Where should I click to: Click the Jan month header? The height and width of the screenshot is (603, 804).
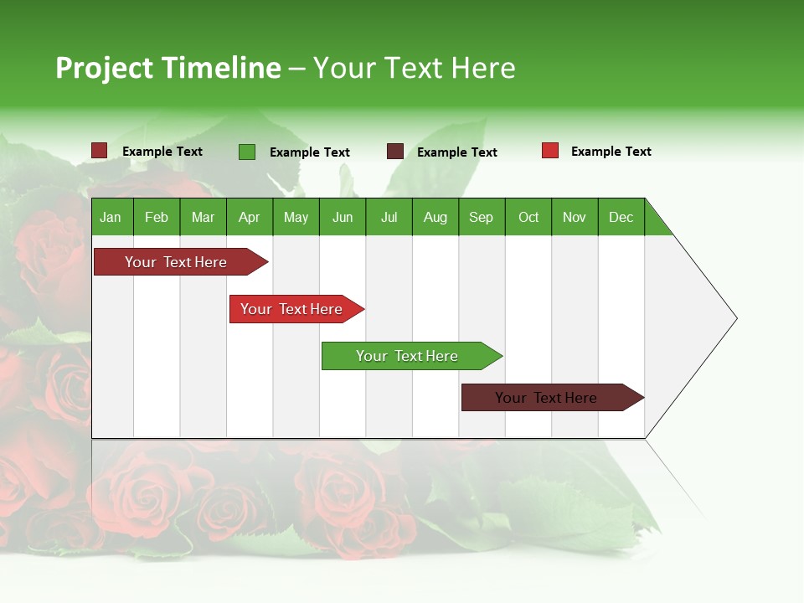(x=111, y=217)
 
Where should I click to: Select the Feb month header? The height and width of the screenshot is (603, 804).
(x=157, y=217)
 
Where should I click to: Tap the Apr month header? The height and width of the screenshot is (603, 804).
(x=250, y=217)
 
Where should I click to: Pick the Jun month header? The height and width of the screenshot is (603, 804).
(x=343, y=217)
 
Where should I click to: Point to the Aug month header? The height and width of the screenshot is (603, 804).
(x=435, y=217)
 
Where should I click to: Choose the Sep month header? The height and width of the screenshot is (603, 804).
(x=482, y=217)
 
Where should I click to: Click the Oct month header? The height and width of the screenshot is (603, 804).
(x=528, y=217)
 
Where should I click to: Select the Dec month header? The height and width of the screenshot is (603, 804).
(x=621, y=217)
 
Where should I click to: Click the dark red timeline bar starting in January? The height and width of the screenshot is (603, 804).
(x=176, y=262)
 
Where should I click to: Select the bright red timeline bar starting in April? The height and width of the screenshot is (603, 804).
(x=291, y=309)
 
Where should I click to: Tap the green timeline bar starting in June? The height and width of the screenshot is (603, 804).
(x=407, y=356)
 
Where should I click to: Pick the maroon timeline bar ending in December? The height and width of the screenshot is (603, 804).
(x=546, y=398)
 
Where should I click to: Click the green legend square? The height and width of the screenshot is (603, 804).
(x=247, y=152)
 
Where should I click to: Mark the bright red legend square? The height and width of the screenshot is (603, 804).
(x=550, y=151)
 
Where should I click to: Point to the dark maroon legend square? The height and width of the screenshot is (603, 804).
(x=395, y=152)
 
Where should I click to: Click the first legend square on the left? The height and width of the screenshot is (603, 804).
(x=100, y=151)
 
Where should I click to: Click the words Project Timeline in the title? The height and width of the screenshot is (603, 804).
(x=168, y=68)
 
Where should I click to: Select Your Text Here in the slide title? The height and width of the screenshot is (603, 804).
(x=414, y=68)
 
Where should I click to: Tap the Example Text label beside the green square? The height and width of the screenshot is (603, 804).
(x=310, y=152)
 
